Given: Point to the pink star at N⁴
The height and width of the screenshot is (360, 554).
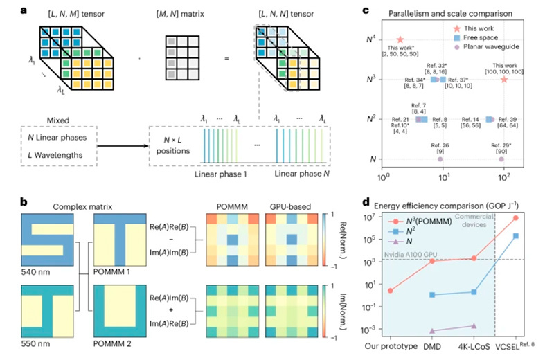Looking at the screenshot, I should [400, 40].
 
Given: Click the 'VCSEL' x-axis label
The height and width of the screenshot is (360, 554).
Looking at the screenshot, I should [508, 347].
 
